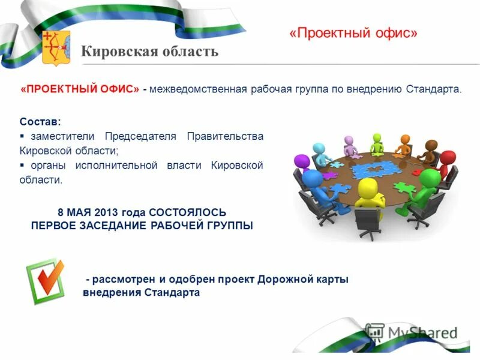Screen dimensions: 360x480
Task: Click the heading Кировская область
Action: (149, 52)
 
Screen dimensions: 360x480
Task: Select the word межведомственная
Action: (199, 89)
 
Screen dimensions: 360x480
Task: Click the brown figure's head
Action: (431, 145)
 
